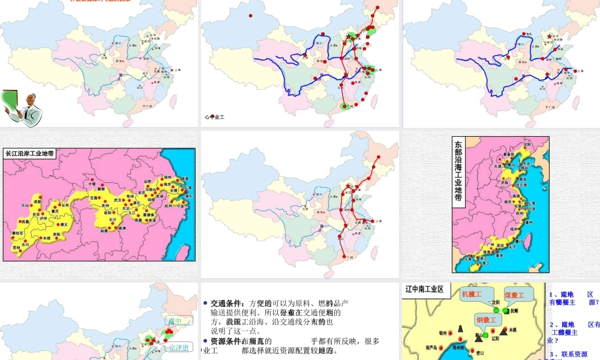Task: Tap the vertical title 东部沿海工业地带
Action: click(x=458, y=171)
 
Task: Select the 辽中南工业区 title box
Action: click(x=424, y=289)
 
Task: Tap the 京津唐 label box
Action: click(x=179, y=347)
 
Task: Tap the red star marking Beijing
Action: click(x=549, y=37)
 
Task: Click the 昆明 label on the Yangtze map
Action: click(x=16, y=247)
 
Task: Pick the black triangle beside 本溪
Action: click(x=502, y=332)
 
